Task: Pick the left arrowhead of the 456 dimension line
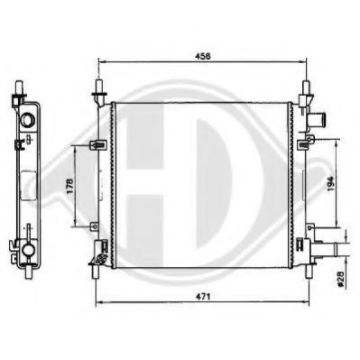[100, 63]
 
